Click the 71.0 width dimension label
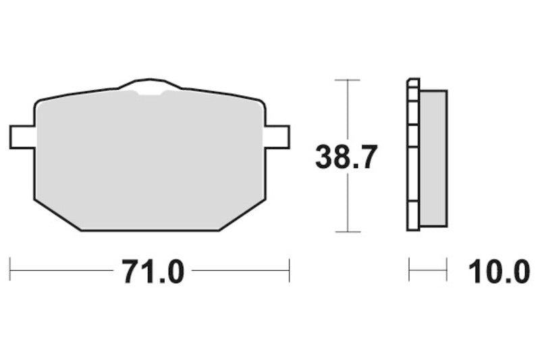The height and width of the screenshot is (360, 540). [x=153, y=272]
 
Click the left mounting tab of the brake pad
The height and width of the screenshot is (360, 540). [x=22, y=136]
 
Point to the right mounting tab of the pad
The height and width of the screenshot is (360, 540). [x=277, y=136]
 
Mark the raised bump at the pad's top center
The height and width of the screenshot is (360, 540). [x=150, y=86]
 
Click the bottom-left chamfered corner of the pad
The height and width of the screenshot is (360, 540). [x=57, y=215]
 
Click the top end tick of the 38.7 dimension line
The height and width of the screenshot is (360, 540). [x=347, y=80]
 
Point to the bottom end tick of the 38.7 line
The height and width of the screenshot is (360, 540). [x=347, y=232]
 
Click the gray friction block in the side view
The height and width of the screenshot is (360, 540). [x=433, y=158]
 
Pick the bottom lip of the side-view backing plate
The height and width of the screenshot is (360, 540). [x=413, y=228]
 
